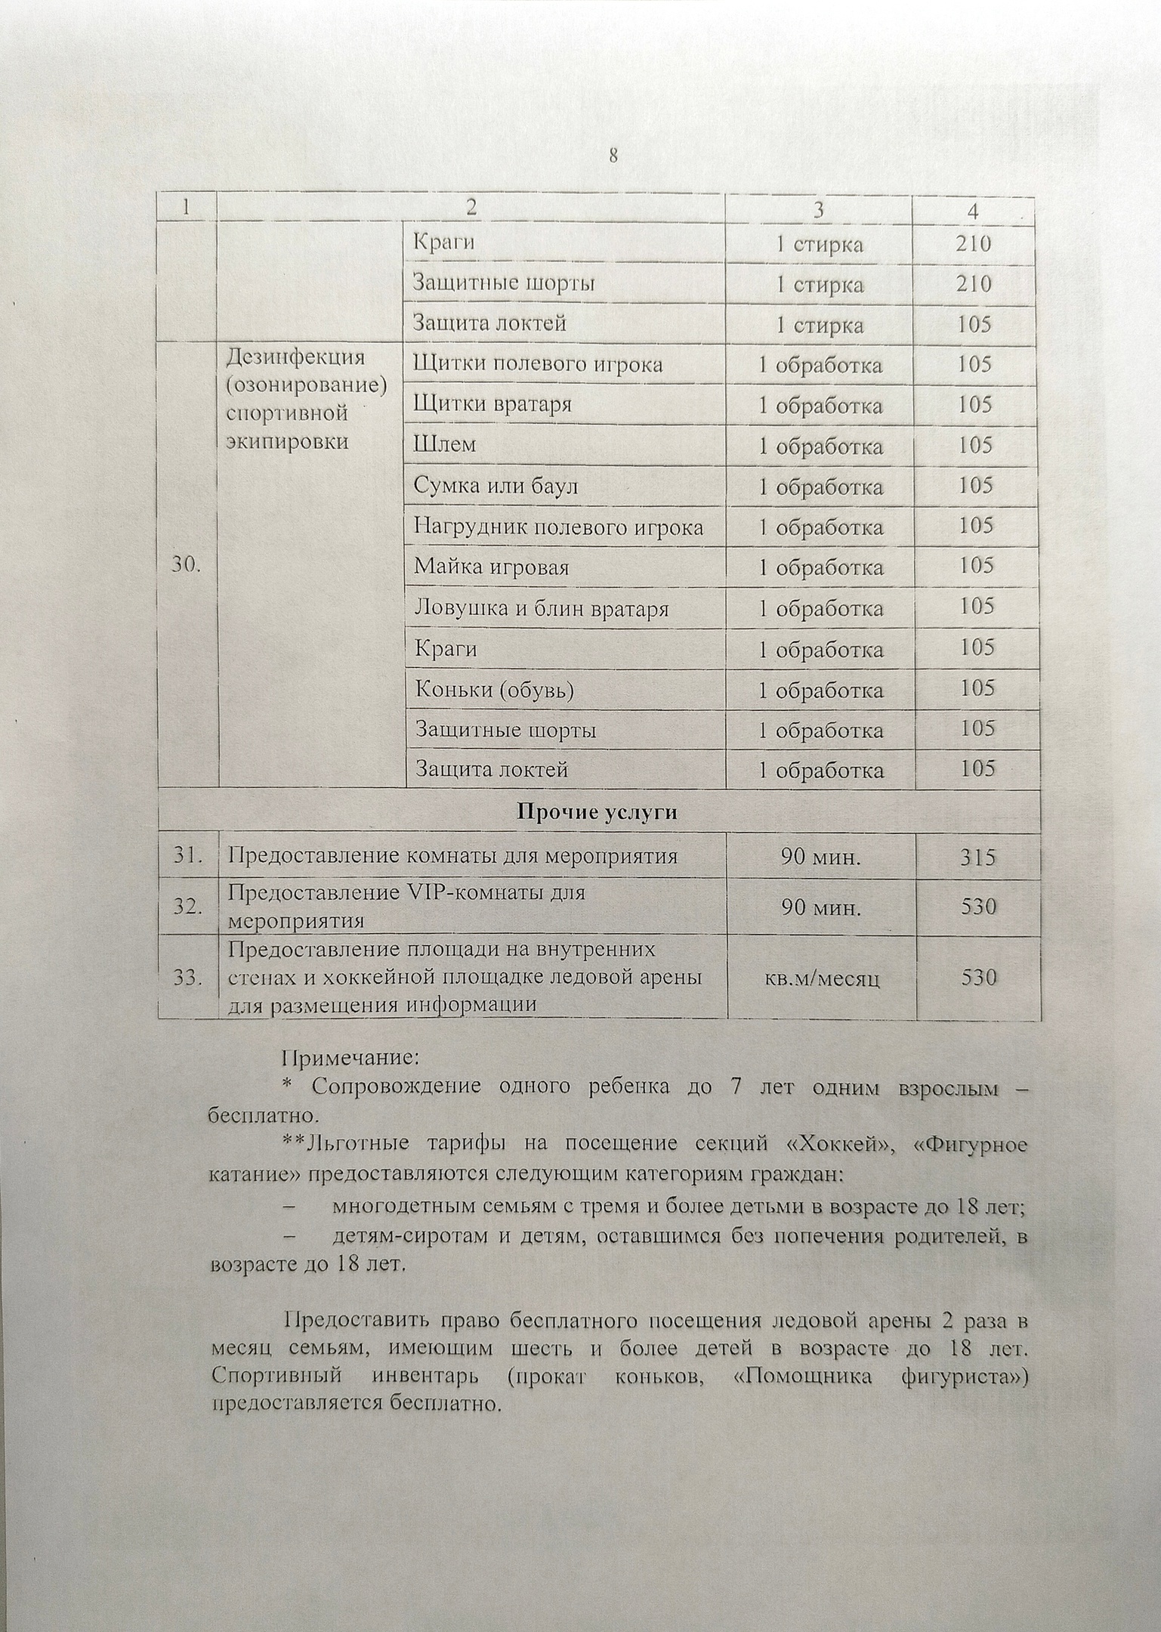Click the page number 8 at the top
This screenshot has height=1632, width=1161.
click(613, 156)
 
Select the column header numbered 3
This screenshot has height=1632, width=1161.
click(819, 209)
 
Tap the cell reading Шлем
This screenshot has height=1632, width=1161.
click(444, 444)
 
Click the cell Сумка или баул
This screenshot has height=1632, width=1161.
click(496, 485)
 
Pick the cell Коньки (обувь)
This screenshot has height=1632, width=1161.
click(495, 690)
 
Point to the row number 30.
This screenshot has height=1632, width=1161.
click(186, 564)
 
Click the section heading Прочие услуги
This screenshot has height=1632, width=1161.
click(597, 812)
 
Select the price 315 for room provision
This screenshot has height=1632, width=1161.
click(978, 858)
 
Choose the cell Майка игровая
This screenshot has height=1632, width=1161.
click(491, 567)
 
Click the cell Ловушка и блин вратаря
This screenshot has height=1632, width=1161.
click(541, 608)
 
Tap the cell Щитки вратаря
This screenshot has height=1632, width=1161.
click(492, 404)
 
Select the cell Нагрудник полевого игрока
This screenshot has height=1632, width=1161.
click(558, 527)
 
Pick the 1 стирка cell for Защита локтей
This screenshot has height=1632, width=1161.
click(820, 326)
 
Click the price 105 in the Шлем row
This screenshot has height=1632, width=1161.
click(974, 444)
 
